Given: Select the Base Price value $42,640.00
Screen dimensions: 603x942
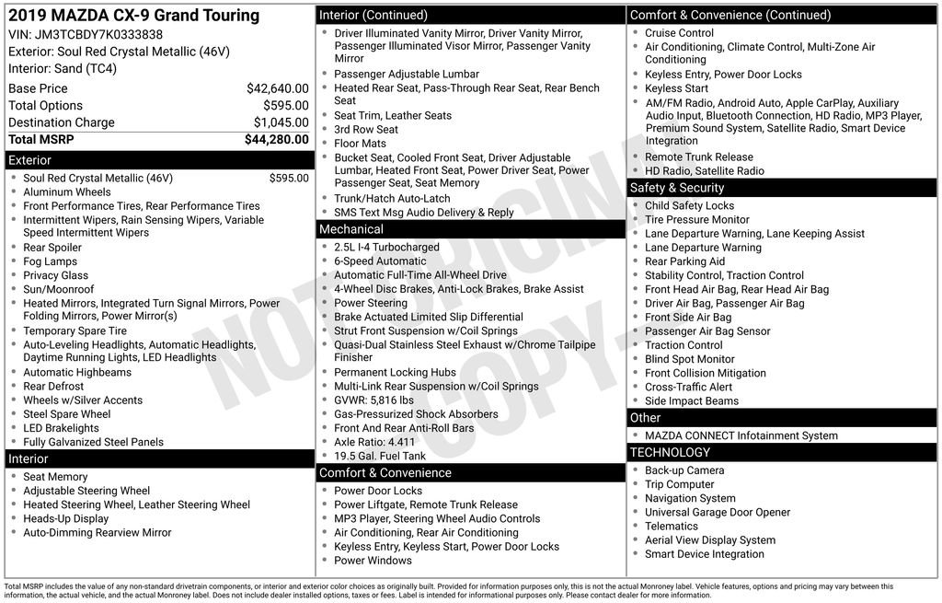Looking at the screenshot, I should [x=277, y=88].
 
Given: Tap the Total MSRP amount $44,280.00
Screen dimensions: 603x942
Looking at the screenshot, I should [x=276, y=139].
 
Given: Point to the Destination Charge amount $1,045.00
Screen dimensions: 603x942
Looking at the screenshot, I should [x=281, y=122].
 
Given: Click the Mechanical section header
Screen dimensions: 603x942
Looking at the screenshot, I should [x=350, y=229].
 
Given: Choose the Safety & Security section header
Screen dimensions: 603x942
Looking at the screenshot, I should [x=677, y=188].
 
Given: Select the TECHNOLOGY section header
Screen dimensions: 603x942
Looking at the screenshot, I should [x=670, y=452].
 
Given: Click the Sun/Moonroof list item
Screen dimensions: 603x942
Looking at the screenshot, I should [x=59, y=289].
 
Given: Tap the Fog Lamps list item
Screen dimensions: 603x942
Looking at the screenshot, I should [x=51, y=261].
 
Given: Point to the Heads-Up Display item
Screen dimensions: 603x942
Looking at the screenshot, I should [x=66, y=518].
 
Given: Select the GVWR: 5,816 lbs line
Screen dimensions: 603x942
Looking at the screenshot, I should [x=373, y=400].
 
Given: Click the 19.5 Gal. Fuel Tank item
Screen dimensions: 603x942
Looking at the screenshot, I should [x=380, y=456].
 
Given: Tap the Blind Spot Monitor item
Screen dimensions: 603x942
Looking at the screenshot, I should [x=690, y=359].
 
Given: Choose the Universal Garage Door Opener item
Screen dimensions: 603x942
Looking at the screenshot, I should [x=718, y=512].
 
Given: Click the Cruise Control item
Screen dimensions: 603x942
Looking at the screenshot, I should [x=679, y=33].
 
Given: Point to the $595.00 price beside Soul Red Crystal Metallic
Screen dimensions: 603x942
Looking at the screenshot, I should [x=289, y=179].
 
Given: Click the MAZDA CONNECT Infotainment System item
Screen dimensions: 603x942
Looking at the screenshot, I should [x=729, y=435].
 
